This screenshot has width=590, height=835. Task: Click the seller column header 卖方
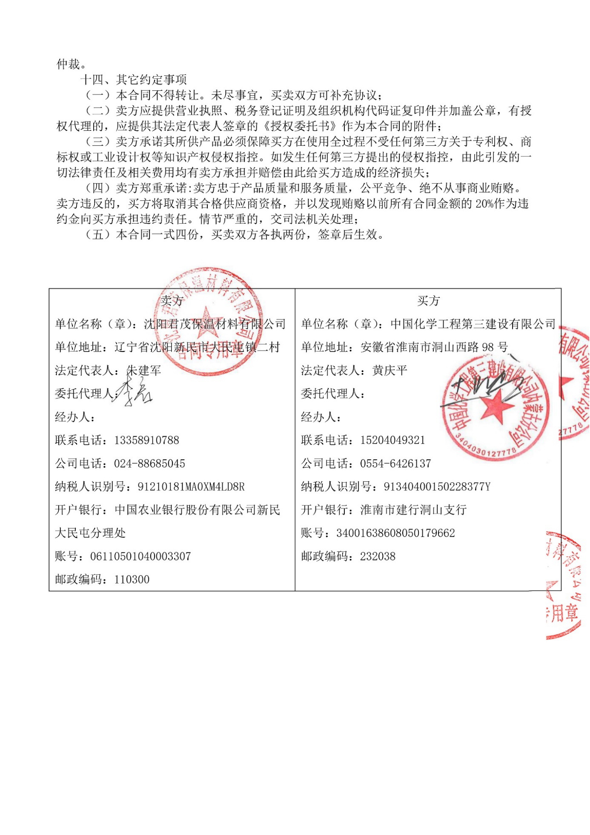click(172, 301)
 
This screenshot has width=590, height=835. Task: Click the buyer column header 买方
click(428, 301)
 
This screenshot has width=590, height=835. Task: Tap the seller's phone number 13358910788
click(146, 440)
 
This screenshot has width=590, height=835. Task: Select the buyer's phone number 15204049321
click(392, 440)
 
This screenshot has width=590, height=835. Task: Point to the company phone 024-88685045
click(149, 464)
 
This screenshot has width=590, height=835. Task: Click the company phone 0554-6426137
click(395, 464)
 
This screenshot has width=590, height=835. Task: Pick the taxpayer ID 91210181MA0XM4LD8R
click(191, 487)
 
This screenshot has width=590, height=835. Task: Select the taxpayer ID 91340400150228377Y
click(437, 487)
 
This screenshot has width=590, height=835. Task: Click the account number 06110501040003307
click(140, 556)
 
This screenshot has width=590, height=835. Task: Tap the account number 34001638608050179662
click(395, 533)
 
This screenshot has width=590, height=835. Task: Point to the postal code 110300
click(132, 579)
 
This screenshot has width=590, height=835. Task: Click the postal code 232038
click(378, 556)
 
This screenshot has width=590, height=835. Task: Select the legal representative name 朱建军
click(144, 371)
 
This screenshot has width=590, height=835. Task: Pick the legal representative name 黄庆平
click(390, 371)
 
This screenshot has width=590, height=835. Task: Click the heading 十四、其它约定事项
click(134, 80)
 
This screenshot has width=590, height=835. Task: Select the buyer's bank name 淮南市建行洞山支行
click(413, 510)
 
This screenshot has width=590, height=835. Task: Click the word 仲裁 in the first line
click(68, 64)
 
